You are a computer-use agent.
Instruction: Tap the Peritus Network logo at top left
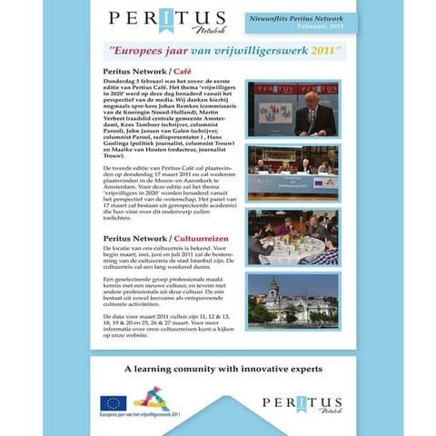(x=149, y=20)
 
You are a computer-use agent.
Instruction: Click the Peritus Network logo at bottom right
(x=302, y=404)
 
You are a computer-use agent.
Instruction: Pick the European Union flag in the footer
(x=113, y=403)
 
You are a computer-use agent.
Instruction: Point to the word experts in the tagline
(x=292, y=370)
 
